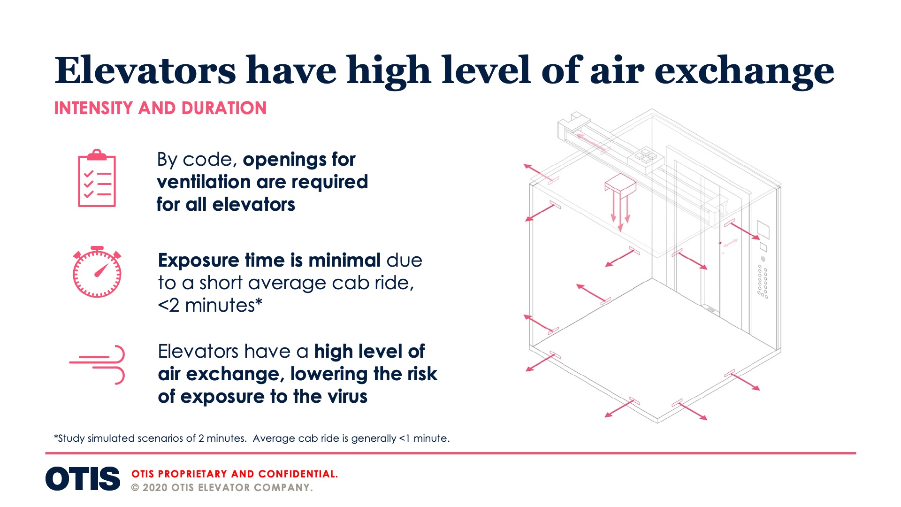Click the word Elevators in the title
pyautogui.click(x=145, y=70)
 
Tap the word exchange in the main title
pyautogui.click(x=744, y=73)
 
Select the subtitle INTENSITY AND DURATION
pyautogui.click(x=160, y=108)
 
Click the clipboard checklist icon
pyautogui.click(x=97, y=178)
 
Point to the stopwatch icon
pyautogui.click(x=97, y=272)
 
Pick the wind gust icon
pyautogui.click(x=97, y=364)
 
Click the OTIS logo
pyautogui.click(x=83, y=479)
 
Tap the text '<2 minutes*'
pyautogui.click(x=210, y=306)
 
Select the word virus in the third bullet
pyautogui.click(x=347, y=397)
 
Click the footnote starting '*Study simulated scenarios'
pyautogui.click(x=252, y=438)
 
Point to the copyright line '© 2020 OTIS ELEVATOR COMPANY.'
pyautogui.click(x=222, y=488)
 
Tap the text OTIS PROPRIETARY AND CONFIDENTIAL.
pyautogui.click(x=235, y=474)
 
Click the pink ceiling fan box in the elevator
pyautogui.click(x=620, y=184)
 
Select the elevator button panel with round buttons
pyautogui.click(x=763, y=281)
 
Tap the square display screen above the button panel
pyautogui.click(x=763, y=230)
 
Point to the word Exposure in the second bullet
pyautogui.click(x=199, y=261)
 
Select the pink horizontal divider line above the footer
pyautogui.click(x=450, y=453)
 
